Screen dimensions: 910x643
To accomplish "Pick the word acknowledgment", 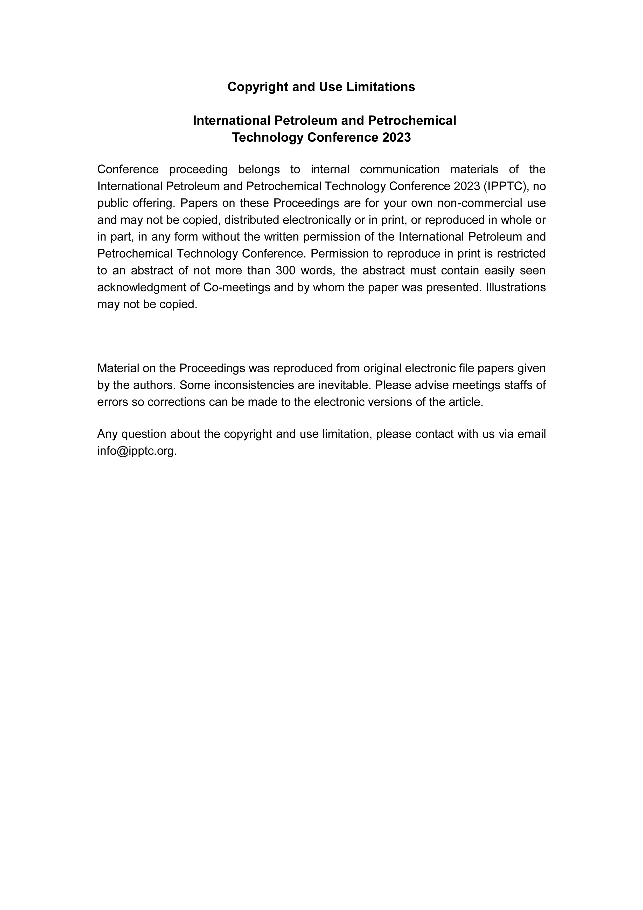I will tap(142, 287).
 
